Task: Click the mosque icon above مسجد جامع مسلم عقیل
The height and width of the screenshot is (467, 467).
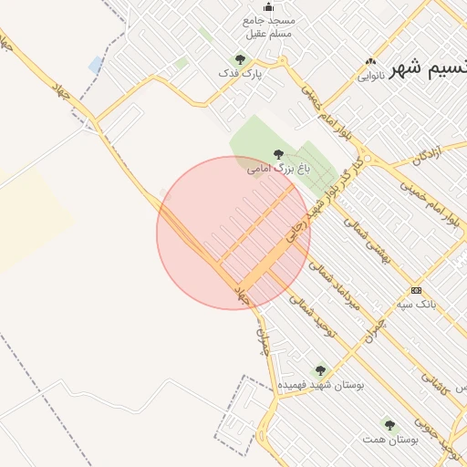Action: coord(254,6)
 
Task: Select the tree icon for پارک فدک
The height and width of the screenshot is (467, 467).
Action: coord(241,58)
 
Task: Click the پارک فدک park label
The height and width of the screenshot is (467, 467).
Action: coord(240,72)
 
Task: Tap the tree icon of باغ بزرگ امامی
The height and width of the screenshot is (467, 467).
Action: coord(278,154)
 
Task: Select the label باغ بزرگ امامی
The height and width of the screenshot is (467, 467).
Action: coord(279,169)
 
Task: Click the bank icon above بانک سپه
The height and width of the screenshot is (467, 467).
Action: coord(417,289)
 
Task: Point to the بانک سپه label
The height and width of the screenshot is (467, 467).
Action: coord(417,303)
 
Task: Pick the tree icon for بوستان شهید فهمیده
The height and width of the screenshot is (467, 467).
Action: coord(319,370)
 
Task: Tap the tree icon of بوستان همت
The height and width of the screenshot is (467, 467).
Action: coord(389,425)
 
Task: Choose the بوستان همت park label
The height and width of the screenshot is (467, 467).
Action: coord(389,440)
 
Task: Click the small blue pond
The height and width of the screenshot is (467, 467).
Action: coord(96,65)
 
